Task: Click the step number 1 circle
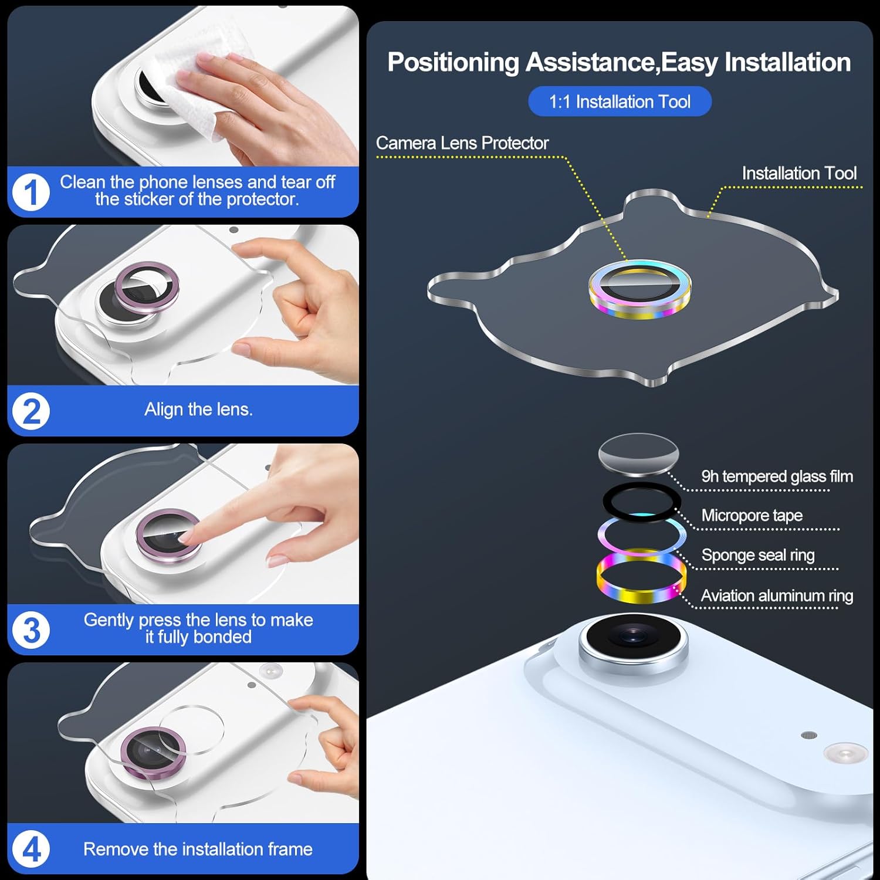point(31,191)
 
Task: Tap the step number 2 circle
point(31,411)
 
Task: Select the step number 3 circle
point(31,630)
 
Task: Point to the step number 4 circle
point(31,849)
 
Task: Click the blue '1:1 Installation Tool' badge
point(620,101)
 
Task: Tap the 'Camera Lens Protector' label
point(462,143)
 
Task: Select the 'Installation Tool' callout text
point(799,174)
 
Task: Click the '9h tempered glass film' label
point(777,476)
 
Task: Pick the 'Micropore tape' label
point(752,516)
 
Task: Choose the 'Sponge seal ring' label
point(758,555)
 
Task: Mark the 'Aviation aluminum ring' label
point(777,596)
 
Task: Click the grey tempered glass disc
point(638,454)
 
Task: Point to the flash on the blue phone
point(845,753)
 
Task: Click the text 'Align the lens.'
point(199,409)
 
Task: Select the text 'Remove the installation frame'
point(198,849)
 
